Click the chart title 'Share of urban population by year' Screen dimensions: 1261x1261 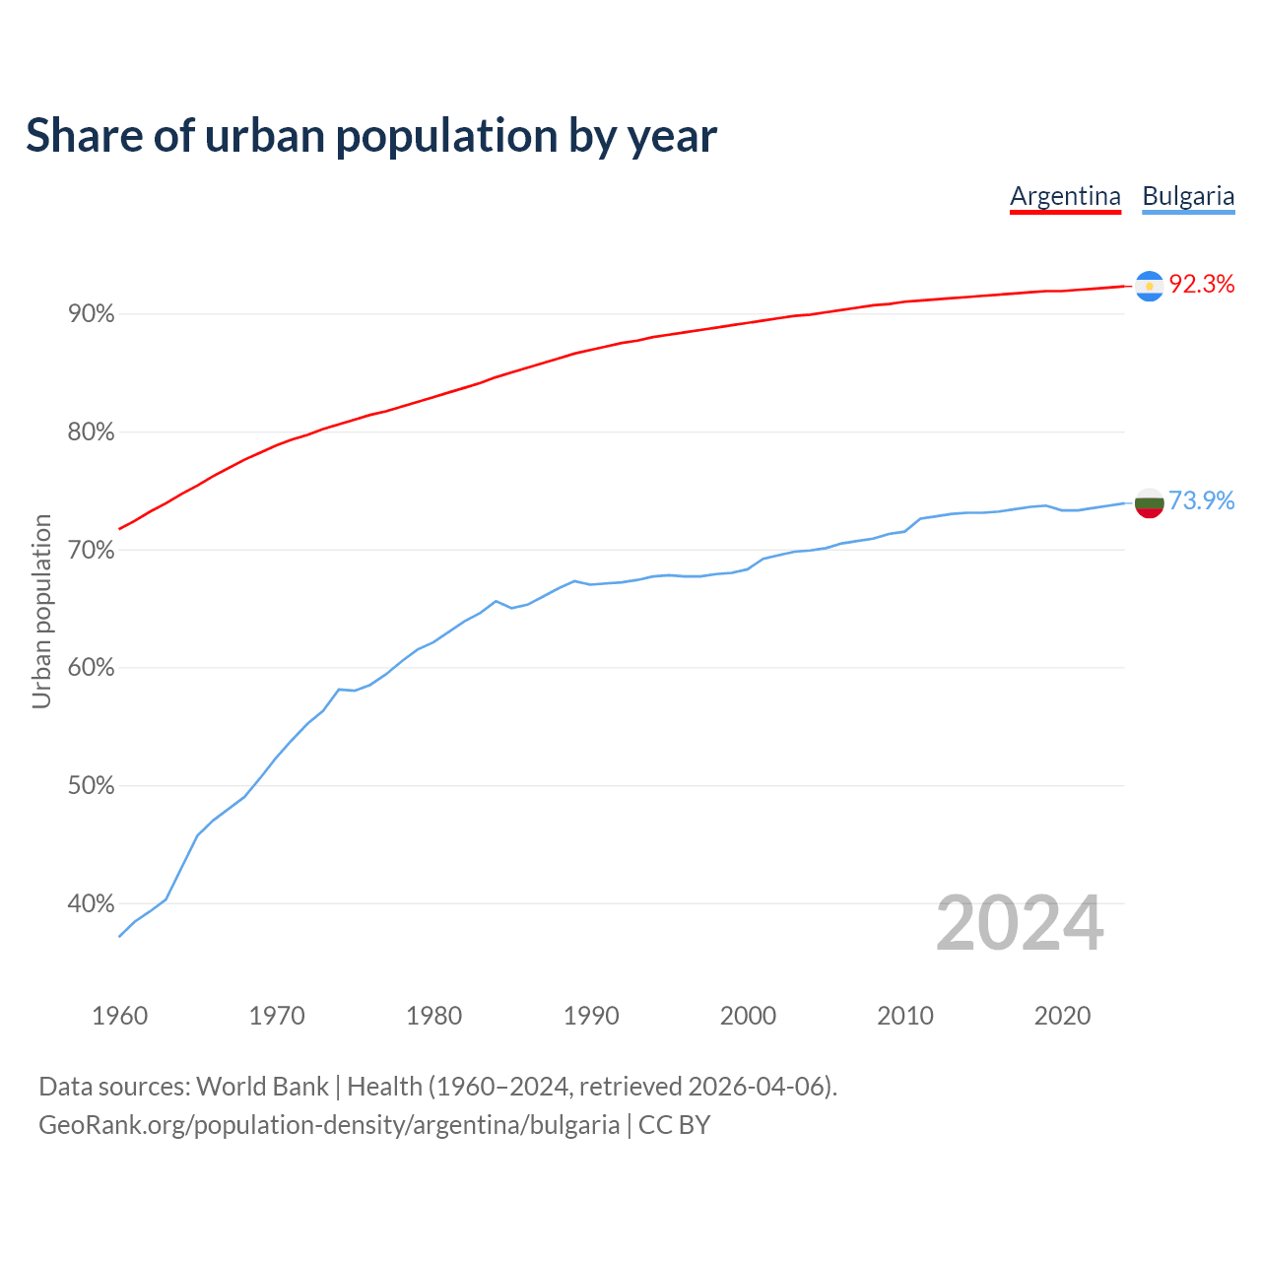coord(371,136)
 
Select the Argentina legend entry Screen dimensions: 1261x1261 coord(1065,196)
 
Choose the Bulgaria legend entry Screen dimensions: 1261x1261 coord(1188,196)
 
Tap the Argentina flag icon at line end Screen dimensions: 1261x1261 coord(1150,286)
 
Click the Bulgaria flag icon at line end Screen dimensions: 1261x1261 coord(1150,502)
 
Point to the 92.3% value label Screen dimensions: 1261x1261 coord(1201,285)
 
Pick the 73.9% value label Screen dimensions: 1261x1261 coord(1201,501)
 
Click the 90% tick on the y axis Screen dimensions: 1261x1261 coord(91,314)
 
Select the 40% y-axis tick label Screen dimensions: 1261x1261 coord(91,903)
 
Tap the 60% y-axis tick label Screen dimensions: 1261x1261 coord(91,668)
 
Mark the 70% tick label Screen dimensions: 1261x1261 coord(91,550)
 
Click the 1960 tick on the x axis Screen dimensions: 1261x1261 coord(119,1016)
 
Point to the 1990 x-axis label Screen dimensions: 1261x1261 coord(591,1016)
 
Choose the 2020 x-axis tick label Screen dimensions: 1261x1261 coord(1062,1016)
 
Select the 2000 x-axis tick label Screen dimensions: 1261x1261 coord(748,1016)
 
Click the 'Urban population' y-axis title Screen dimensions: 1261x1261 coord(41,611)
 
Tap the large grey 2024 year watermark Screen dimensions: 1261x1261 coord(1020,923)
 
